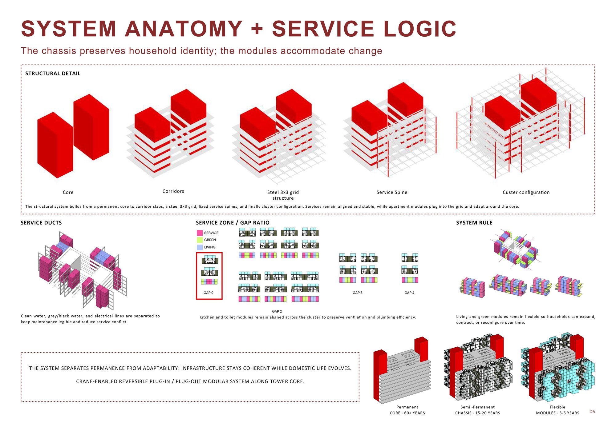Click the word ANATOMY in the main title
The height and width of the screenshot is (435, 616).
pyautogui.click(x=184, y=29)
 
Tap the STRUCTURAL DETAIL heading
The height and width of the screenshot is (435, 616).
pyautogui.click(x=53, y=74)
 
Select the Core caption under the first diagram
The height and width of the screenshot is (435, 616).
pyautogui.click(x=68, y=192)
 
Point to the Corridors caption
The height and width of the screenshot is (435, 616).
pyautogui.click(x=173, y=191)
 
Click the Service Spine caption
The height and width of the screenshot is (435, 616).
pyautogui.click(x=392, y=192)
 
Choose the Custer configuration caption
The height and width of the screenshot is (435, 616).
pyautogui.click(x=526, y=192)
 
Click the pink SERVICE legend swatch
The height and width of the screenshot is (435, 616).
pyautogui.click(x=200, y=233)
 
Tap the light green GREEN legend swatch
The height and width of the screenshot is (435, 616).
pyautogui.click(x=200, y=240)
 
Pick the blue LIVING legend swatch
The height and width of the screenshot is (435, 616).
pyautogui.click(x=200, y=247)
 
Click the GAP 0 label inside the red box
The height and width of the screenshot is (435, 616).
pyautogui.click(x=209, y=293)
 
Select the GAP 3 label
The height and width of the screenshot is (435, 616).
pyautogui.click(x=358, y=293)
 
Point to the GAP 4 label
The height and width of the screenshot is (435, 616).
pyautogui.click(x=409, y=293)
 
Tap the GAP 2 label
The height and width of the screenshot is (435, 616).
pyautogui.click(x=277, y=311)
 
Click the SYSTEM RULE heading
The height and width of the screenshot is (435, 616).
pyautogui.click(x=474, y=223)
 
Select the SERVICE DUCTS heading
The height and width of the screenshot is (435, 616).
pyautogui.click(x=41, y=223)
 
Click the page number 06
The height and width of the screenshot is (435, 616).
pyautogui.click(x=592, y=412)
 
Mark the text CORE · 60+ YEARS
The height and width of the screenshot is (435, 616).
pyautogui.click(x=407, y=413)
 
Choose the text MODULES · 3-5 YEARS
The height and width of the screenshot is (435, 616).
pyautogui.click(x=557, y=413)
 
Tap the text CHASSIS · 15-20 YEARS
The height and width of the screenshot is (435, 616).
pyautogui.click(x=478, y=413)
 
